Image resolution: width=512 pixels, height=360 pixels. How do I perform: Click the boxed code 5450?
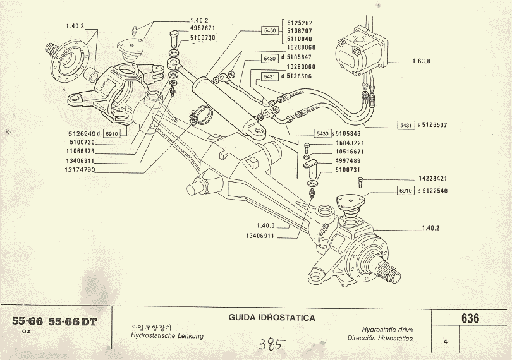(270, 30)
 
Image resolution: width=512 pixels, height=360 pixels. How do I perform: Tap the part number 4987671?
(203, 28)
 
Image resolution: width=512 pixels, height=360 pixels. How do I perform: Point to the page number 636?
(470, 318)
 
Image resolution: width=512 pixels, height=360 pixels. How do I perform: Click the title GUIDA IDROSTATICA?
(272, 318)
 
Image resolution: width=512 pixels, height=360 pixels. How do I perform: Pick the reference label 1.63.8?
(421, 61)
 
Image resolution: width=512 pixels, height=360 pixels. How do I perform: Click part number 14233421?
(433, 179)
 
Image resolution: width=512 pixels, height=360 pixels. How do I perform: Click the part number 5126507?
(435, 125)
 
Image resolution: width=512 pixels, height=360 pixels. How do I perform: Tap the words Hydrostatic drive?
(388, 330)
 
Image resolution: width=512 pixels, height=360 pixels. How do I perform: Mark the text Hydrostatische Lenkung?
(167, 337)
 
